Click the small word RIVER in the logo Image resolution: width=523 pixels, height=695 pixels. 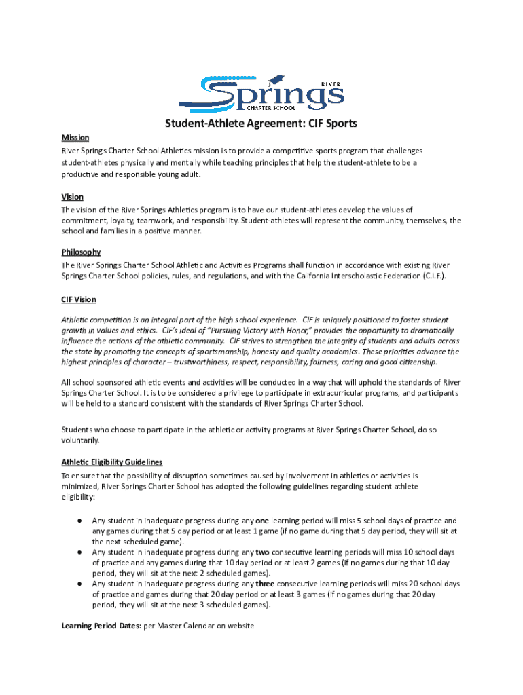click(331, 83)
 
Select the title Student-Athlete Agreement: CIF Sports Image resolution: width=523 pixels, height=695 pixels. click(261, 124)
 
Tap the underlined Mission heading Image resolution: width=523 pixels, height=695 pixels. click(75, 138)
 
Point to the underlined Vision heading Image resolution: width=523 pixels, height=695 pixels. click(73, 197)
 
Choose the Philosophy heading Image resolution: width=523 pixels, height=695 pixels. click(82, 252)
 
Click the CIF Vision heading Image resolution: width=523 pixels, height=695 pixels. click(79, 299)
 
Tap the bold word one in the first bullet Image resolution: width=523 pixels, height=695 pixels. click(261, 521)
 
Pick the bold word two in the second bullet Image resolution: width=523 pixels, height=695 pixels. click(261, 552)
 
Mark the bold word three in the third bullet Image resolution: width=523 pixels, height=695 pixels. click(266, 584)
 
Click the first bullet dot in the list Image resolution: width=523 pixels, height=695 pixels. click(79, 521)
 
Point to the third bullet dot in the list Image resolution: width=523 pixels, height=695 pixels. click(79, 584)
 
